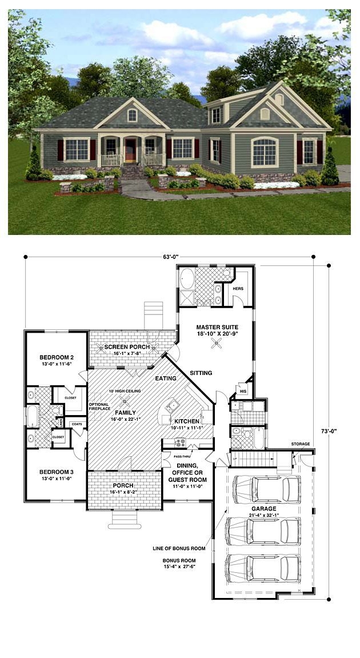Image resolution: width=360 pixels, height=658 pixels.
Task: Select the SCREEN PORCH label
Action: pos(127,347)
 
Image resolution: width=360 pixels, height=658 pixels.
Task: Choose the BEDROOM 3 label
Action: pos(55,472)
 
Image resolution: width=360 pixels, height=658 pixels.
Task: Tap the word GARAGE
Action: pos(263,508)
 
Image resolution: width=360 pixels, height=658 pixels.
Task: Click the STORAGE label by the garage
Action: pos(300,444)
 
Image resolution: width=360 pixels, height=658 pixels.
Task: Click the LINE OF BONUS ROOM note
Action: pos(179,548)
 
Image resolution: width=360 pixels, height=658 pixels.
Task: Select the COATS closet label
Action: pos(76,424)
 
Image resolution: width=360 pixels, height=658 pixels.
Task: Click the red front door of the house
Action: pos(131,151)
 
